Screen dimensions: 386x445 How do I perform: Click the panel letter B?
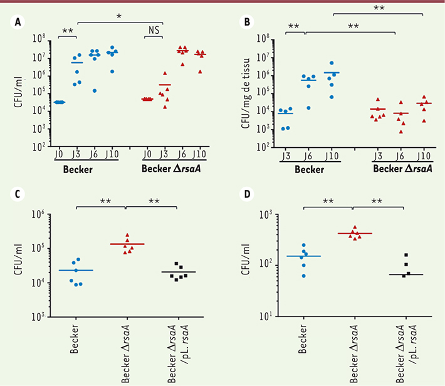point(247,23)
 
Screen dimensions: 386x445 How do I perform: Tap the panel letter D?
point(247,194)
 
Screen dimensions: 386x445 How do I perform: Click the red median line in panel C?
point(127,244)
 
